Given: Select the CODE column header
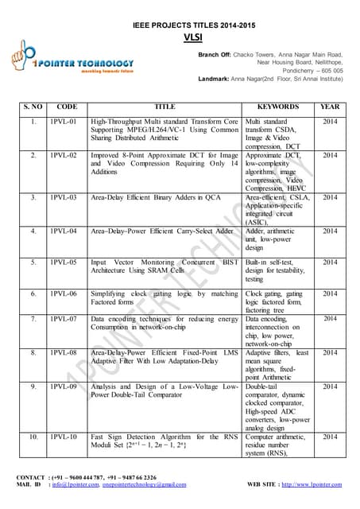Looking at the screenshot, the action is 67,107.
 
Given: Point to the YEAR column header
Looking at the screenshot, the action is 329,107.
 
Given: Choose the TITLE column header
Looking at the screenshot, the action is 165,107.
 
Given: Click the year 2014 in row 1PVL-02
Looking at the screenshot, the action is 329,155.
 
